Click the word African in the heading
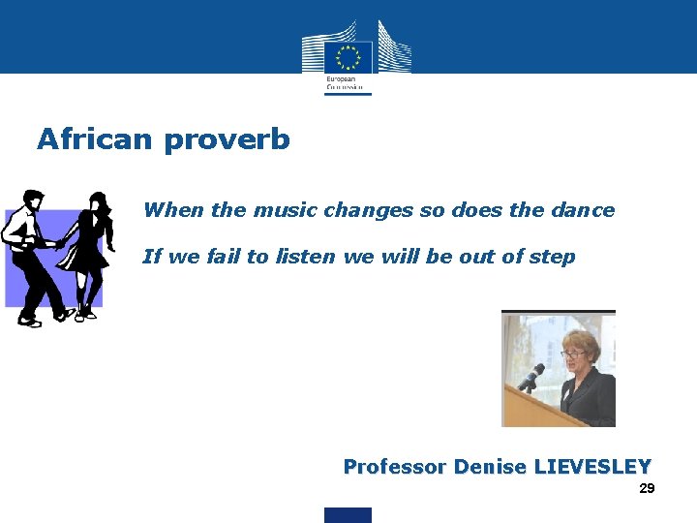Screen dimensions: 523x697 [95, 139]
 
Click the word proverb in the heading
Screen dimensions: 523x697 [227, 140]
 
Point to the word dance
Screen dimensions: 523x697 [584, 210]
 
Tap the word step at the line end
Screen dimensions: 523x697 [554, 258]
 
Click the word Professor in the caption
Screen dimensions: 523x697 [394, 467]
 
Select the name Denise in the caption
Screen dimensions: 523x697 [489, 467]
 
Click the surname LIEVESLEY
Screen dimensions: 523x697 [591, 467]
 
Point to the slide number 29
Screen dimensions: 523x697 [647, 489]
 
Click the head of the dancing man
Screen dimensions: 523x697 [32, 200]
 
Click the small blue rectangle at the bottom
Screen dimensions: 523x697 [348, 515]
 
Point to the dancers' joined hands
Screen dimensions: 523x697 [62, 243]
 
